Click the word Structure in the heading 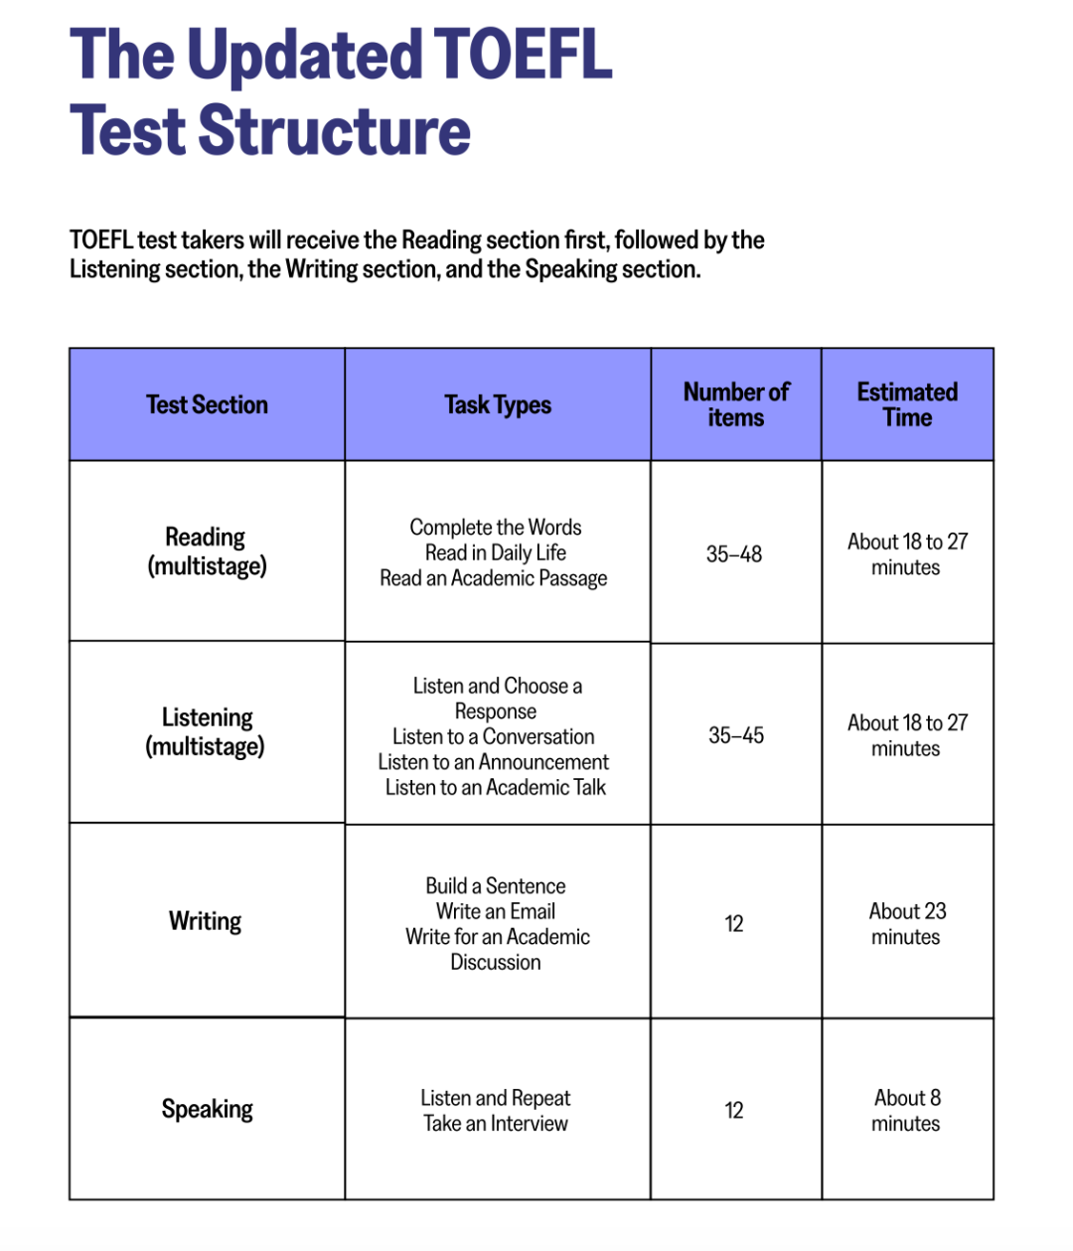click(334, 131)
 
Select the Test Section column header click(207, 405)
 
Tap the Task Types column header click(498, 405)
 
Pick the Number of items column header click(736, 405)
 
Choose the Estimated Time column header click(907, 405)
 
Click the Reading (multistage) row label click(207, 551)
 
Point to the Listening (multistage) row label click(207, 732)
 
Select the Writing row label click(206, 921)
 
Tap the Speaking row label click(207, 1109)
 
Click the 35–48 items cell click(734, 554)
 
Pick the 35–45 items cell click(736, 735)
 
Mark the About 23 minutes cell click(907, 924)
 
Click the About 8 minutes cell click(907, 1111)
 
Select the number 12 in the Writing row click(734, 924)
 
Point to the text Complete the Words click(496, 528)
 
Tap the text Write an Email click(496, 911)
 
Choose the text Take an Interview click(496, 1124)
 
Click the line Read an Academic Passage click(494, 578)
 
